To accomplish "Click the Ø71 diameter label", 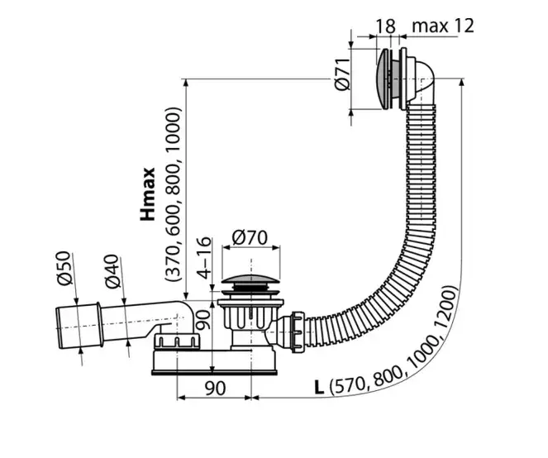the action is tap(342, 74).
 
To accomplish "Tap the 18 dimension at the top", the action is tap(385, 26).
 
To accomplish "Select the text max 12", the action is tap(443, 26).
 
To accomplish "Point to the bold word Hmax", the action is tap(147, 194).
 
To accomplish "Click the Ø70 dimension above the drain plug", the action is tap(250, 237).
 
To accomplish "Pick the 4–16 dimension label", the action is tap(204, 258).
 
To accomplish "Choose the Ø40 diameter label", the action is tap(113, 272).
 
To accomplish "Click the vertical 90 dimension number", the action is tap(203, 319).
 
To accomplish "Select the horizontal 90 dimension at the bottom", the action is tap(215, 388).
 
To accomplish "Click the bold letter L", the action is tap(319, 388).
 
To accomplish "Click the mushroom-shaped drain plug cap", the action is tap(250, 279).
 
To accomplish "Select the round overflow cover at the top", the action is tap(383, 79).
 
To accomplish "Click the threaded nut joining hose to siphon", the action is tap(298, 332).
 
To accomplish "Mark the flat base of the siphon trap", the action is tap(214, 373).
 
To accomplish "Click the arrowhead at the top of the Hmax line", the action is tap(186, 83).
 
